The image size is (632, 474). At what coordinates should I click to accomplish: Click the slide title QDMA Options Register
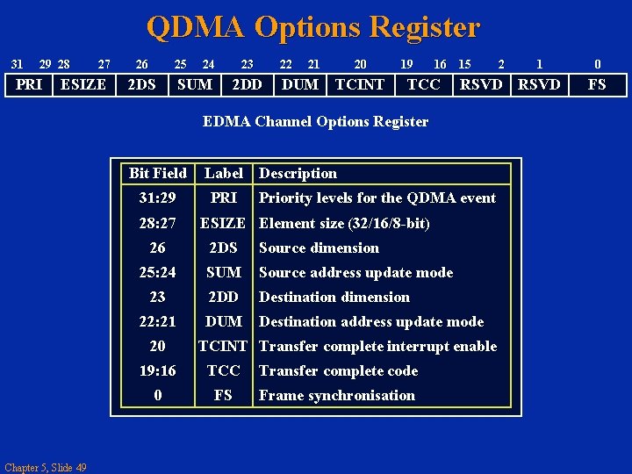313,27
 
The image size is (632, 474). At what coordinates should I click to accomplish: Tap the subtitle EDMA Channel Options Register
315,121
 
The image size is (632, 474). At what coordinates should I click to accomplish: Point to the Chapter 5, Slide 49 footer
45,467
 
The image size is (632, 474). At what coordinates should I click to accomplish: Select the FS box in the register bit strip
597,84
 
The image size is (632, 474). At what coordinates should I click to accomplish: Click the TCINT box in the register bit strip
360,84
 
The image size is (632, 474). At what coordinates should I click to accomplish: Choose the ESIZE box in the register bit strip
83,84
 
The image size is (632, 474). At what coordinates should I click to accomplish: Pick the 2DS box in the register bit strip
141,84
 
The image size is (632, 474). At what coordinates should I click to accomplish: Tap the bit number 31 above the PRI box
17,64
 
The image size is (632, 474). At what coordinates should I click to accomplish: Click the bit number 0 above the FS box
597,64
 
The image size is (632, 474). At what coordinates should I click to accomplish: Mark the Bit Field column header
158,173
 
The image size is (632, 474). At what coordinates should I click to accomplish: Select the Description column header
298,173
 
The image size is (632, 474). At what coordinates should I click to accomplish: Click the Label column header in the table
223,173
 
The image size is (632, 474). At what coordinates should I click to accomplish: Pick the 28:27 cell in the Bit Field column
158,223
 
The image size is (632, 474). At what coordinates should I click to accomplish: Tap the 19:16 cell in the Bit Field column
158,370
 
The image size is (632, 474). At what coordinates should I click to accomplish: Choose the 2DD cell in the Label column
223,297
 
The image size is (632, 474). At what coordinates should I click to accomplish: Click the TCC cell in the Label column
223,370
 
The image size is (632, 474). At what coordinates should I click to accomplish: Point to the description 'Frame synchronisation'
336,395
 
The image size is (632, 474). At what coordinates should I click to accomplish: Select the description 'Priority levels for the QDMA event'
377,197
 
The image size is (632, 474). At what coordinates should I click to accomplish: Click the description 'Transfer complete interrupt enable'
377,346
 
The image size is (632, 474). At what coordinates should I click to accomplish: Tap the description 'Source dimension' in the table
319,248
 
